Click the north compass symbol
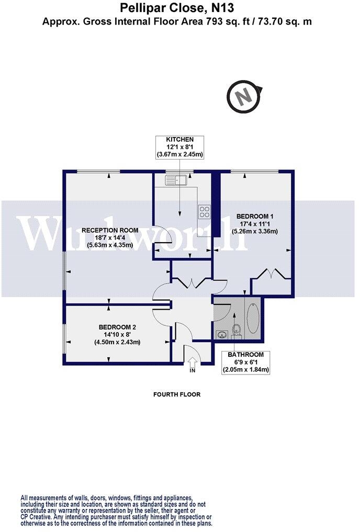(x=243, y=97)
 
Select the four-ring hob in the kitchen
(x=204, y=212)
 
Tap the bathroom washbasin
(x=219, y=333)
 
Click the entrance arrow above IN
(x=192, y=361)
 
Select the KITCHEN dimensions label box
(x=179, y=147)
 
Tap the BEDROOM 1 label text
(x=256, y=216)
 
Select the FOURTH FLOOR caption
(x=177, y=394)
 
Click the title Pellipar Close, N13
(x=177, y=8)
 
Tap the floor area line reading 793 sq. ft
(x=177, y=21)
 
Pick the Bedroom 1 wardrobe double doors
(x=271, y=274)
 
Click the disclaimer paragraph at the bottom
(x=116, y=510)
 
